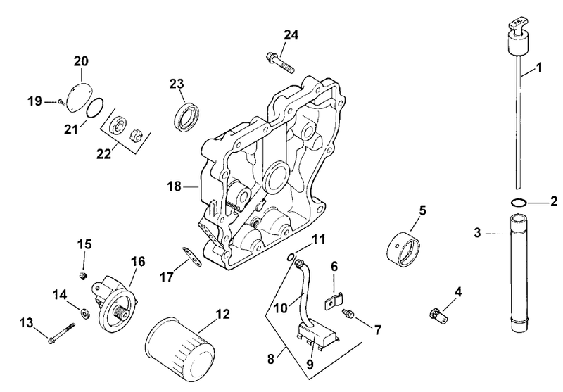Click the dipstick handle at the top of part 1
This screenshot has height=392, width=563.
point(519,39)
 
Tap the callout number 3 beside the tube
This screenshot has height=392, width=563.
point(477,233)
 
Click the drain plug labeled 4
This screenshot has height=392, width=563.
point(437,314)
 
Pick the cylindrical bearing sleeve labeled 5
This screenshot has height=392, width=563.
point(405,250)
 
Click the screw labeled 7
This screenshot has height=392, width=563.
point(348,313)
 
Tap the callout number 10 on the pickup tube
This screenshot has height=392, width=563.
point(281,308)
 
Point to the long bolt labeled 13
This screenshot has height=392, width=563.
point(62,332)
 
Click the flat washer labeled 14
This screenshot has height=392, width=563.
point(85,313)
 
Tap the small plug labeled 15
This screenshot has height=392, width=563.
point(83,276)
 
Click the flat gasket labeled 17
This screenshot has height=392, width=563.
point(191,256)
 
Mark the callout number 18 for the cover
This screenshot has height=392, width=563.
point(174,186)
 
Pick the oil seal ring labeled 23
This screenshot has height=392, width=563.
point(186,115)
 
